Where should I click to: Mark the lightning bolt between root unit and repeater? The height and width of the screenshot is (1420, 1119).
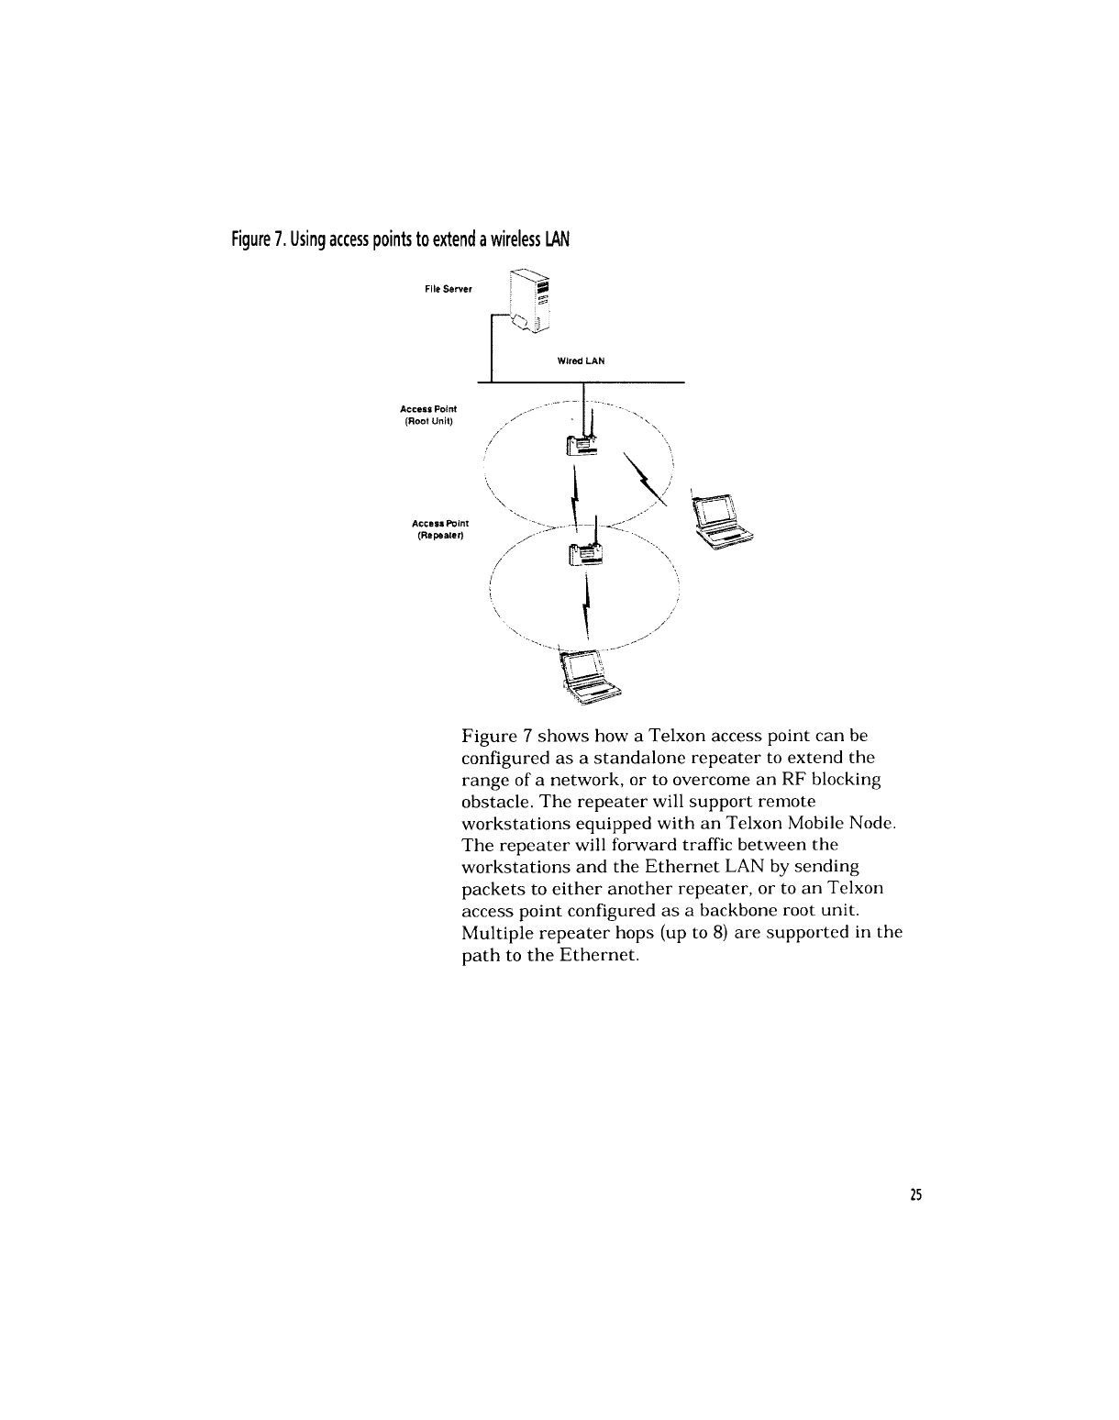[576, 495]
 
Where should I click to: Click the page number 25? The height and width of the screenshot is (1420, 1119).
[914, 1194]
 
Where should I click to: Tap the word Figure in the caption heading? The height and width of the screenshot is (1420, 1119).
[249, 240]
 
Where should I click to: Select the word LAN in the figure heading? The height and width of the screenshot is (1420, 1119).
[558, 240]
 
